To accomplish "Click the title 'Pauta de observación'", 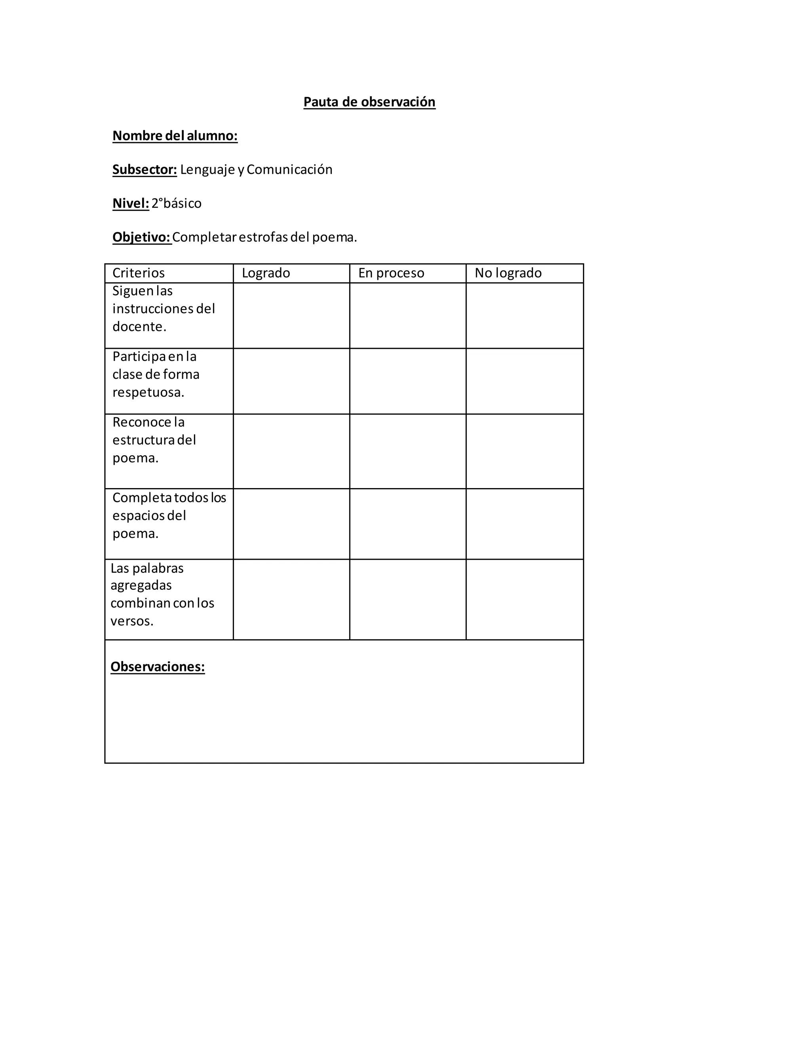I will coord(369,102).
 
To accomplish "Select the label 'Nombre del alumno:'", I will coord(175,136).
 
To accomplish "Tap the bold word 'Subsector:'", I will coord(145,169).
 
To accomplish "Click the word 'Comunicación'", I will coord(289,169).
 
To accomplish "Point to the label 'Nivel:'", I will coord(131,203).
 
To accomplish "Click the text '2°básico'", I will coord(176,203).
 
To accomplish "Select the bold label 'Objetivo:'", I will coord(142,237).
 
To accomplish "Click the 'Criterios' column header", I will coord(138,273).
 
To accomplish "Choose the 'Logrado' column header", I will coord(266,273).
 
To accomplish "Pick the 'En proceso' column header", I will coord(391,273).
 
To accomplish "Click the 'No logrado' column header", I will coord(508,273).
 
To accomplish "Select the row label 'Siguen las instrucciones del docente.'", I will coord(164,309).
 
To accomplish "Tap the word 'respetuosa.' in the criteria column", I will coord(148,392).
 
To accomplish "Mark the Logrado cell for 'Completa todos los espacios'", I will coord(291,524).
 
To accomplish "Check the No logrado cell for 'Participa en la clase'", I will coord(525,381).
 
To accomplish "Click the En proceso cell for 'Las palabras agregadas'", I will coord(407,599).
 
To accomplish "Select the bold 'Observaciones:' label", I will coord(158,667).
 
